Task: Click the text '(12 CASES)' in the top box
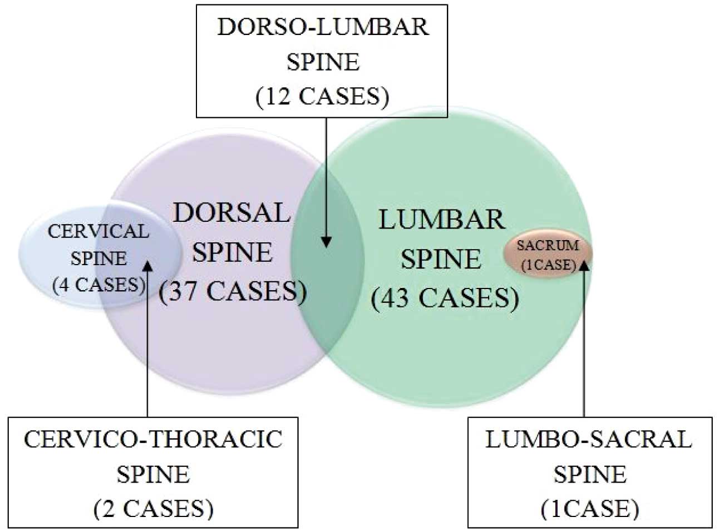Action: [322, 97]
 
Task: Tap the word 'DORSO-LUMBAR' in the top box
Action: [323, 27]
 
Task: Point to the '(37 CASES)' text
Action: [233, 291]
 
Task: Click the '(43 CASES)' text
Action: [445, 298]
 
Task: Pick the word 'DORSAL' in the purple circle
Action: [232, 213]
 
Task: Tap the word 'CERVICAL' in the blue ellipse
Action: [99, 231]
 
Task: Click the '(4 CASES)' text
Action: [99, 285]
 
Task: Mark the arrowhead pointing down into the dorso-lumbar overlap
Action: [326, 242]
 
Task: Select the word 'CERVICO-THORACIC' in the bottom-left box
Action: [153, 439]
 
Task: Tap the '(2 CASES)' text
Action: [153, 509]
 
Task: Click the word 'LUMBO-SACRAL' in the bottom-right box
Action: [589, 439]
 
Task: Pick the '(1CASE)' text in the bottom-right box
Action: [589, 509]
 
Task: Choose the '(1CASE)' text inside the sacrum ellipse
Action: [548, 265]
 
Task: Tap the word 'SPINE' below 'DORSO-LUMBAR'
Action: [323, 62]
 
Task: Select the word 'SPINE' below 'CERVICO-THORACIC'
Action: [153, 474]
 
